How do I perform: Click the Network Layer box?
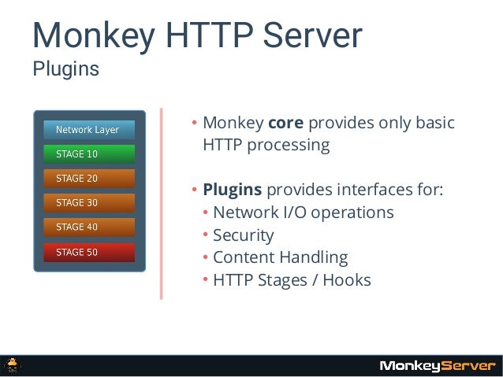pos(89,130)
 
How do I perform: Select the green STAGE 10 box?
pos(89,154)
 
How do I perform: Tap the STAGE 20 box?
pos(89,179)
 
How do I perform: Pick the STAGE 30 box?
pos(89,203)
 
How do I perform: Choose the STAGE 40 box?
pos(89,227)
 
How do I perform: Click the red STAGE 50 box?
pos(89,252)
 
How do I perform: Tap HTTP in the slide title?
pos(199,35)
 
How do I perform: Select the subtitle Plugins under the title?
pos(65,69)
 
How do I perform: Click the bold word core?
pos(286,124)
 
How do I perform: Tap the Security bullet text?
pos(243,235)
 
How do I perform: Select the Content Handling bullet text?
pos(280,257)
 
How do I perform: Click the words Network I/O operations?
pos(303,213)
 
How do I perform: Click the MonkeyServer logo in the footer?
pos(438,365)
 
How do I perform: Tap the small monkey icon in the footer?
pos(13,364)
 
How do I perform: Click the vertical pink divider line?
pos(162,204)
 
